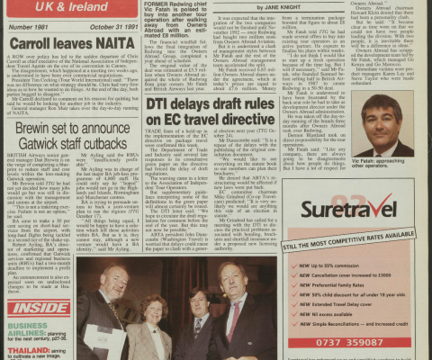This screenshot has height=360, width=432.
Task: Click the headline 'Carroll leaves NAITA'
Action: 59,43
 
